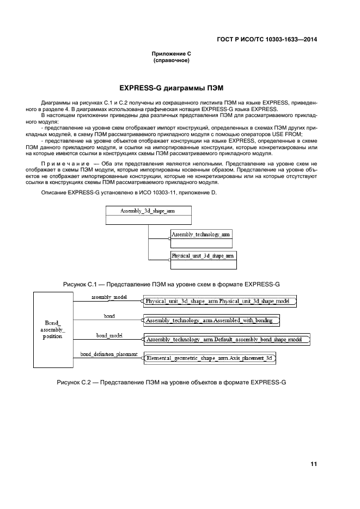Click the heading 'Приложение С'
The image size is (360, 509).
[x=171, y=54]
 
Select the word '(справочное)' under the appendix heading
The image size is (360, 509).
[x=171, y=60]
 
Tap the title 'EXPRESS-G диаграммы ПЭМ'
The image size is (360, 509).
[x=172, y=88]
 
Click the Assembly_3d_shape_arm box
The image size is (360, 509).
[x=148, y=215]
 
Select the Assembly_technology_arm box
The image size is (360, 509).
[x=201, y=238]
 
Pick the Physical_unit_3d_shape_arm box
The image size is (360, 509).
[x=203, y=259]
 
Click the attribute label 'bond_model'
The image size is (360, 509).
[x=109, y=336]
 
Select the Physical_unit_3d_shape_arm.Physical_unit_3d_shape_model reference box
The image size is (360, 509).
[x=221, y=301]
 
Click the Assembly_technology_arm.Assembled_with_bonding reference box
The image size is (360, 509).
[x=212, y=321]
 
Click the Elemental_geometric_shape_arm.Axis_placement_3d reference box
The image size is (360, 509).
[x=210, y=358]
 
